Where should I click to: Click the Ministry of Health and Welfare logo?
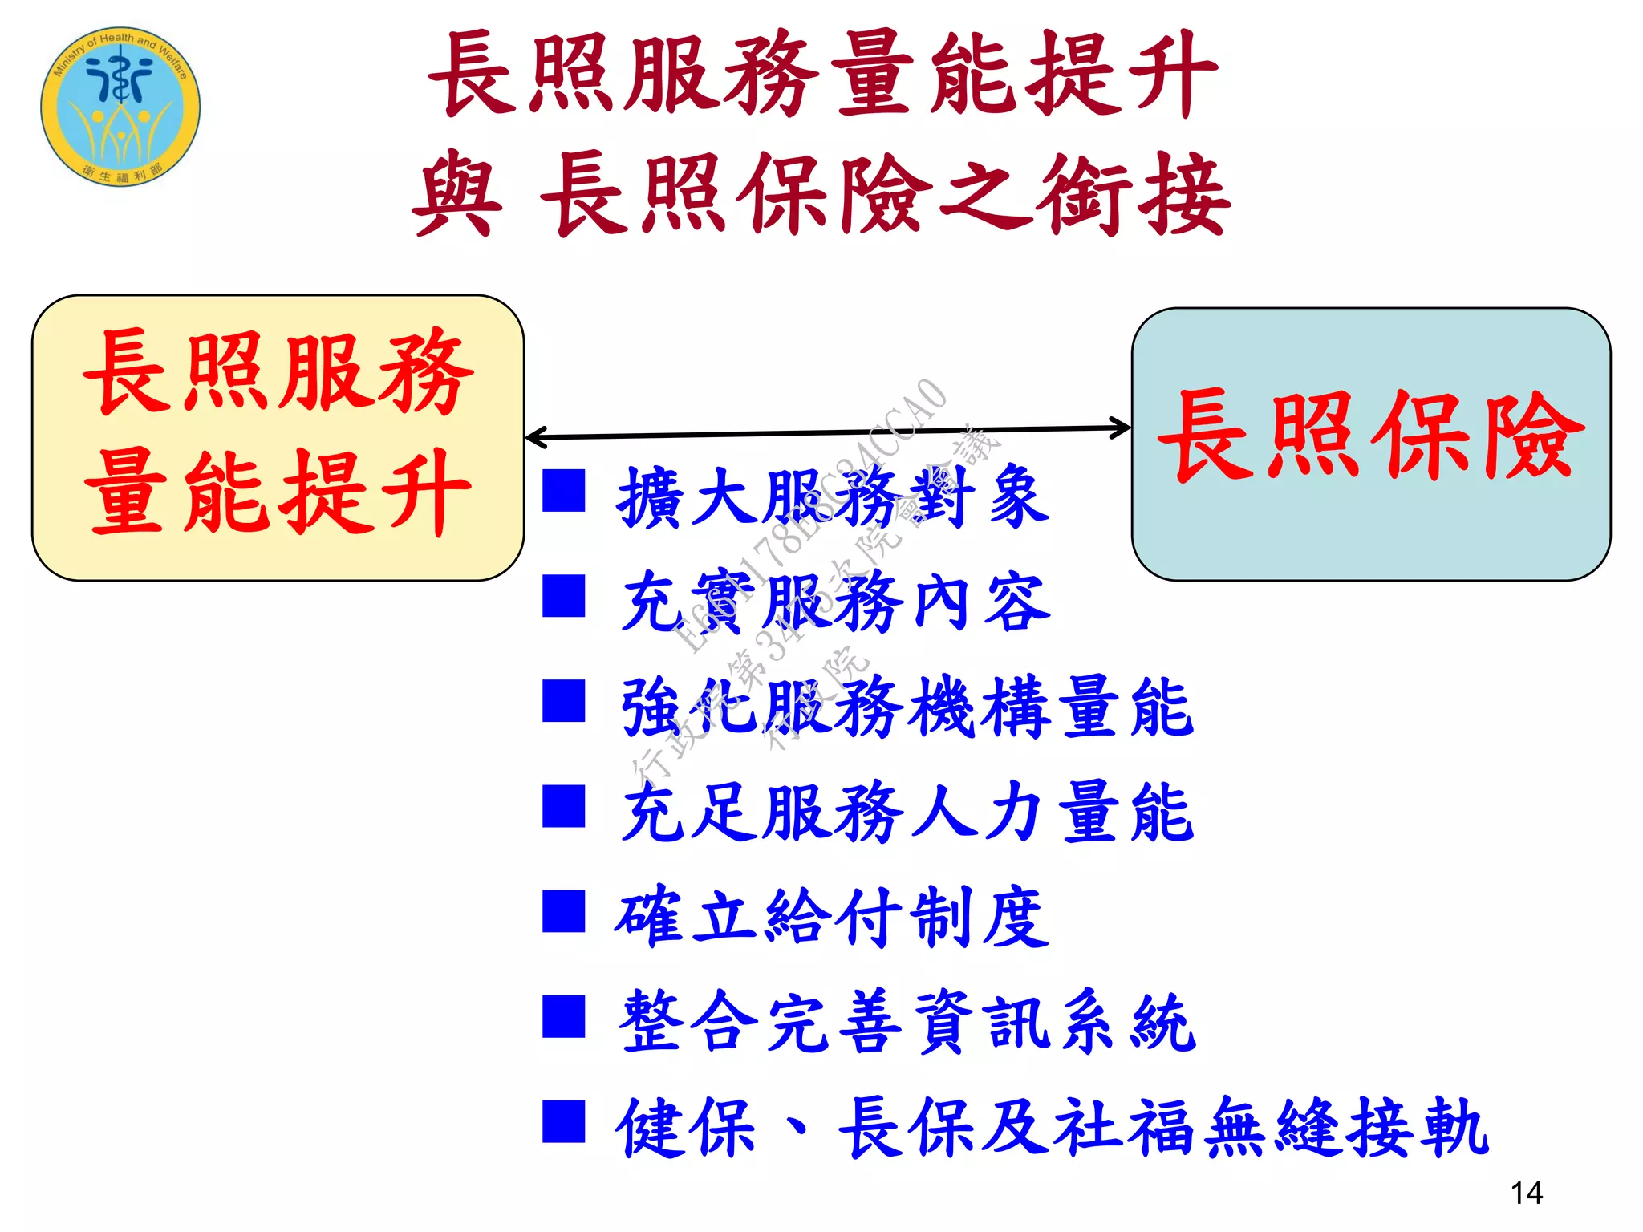(120, 107)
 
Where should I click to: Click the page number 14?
(1526, 1193)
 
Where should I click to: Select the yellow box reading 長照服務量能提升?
(278, 437)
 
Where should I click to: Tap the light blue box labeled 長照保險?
(1370, 443)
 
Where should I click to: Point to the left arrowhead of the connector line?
(534, 437)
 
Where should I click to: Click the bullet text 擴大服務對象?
(833, 497)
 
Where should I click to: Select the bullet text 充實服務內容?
(834, 602)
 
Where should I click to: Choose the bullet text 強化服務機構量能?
(907, 707)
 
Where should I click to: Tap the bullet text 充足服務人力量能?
(907, 812)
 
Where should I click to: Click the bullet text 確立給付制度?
(833, 917)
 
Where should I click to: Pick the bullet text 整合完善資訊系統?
(907, 1022)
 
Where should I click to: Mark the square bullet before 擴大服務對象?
(563, 490)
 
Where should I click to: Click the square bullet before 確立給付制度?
(563, 911)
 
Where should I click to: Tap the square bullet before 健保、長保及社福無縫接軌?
(563, 1121)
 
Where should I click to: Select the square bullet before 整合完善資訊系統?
(563, 1016)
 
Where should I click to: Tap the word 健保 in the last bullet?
(686, 1128)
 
